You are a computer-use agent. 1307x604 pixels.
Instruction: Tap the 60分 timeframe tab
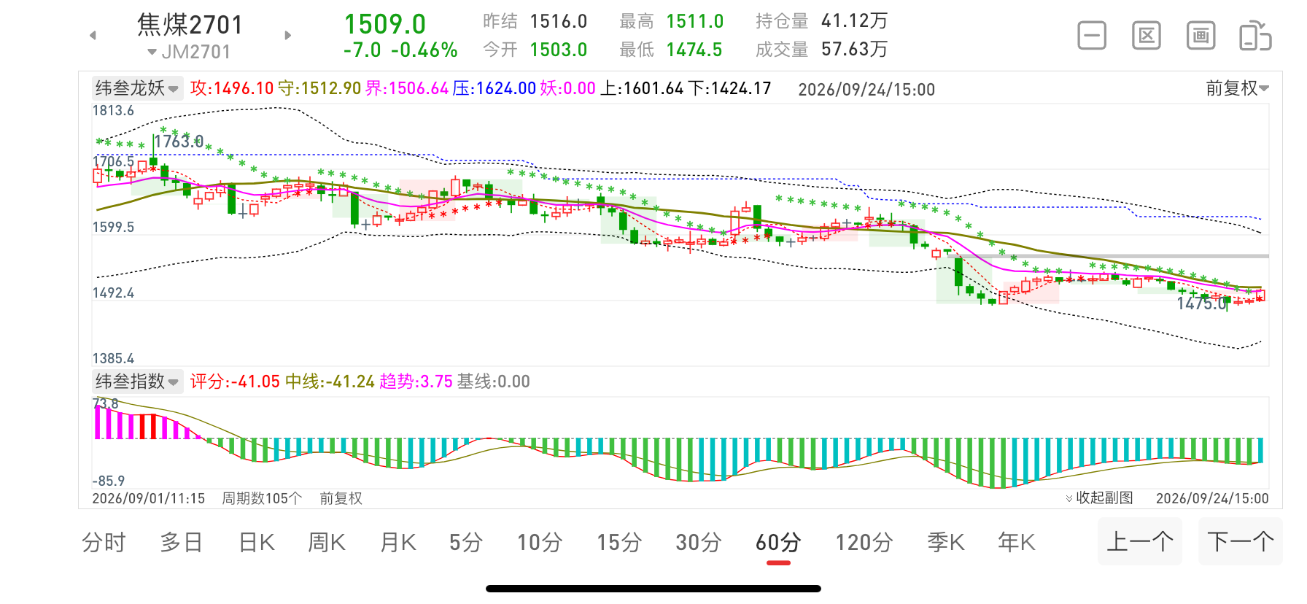pyautogui.click(x=778, y=543)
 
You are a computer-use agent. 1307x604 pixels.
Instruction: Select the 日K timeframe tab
pyautogui.click(x=257, y=543)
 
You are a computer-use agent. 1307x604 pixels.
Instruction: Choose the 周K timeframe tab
pyautogui.click(x=327, y=543)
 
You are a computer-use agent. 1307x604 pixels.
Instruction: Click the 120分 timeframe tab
pyautogui.click(x=864, y=543)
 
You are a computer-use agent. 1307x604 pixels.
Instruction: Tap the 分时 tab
pyautogui.click(x=104, y=543)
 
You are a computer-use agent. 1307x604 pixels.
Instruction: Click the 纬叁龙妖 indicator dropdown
pyautogui.click(x=137, y=88)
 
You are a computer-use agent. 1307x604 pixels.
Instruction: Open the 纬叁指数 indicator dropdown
pyautogui.click(x=137, y=382)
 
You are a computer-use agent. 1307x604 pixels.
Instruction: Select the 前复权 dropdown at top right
pyautogui.click(x=1237, y=88)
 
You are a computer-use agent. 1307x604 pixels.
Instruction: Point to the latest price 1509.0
pyautogui.click(x=385, y=24)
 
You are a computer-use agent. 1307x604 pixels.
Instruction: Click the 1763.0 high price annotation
pyautogui.click(x=179, y=142)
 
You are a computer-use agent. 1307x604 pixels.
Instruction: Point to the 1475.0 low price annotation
pyautogui.click(x=1201, y=303)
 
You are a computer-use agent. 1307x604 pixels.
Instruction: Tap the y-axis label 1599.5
pyautogui.click(x=113, y=227)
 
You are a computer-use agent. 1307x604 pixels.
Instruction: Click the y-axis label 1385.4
pyautogui.click(x=113, y=358)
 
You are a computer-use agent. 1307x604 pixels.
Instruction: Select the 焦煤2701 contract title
pyautogui.click(x=190, y=25)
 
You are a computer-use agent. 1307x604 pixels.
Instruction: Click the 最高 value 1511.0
pyautogui.click(x=695, y=22)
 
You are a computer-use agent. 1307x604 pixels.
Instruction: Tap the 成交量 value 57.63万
pyautogui.click(x=854, y=50)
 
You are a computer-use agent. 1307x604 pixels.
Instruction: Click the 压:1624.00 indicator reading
pyautogui.click(x=494, y=88)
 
